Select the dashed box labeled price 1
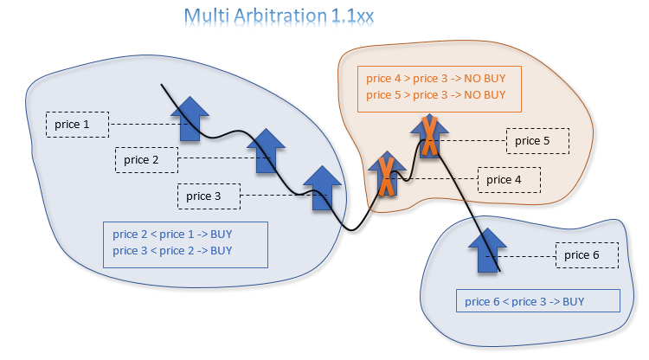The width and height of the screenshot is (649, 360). point(77,125)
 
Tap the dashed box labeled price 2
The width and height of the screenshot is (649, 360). point(146,159)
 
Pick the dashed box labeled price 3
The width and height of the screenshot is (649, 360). point(209,196)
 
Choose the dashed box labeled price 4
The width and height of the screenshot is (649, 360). point(509,180)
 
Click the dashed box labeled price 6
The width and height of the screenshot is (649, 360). point(586,255)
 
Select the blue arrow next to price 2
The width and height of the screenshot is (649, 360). point(267,151)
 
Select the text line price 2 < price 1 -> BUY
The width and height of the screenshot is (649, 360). point(172,234)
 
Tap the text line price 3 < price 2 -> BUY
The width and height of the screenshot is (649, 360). point(172,251)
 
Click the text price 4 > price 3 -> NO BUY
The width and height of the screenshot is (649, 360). point(435,79)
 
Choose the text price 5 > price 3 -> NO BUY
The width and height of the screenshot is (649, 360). point(435,95)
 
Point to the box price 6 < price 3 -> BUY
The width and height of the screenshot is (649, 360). point(537,301)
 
